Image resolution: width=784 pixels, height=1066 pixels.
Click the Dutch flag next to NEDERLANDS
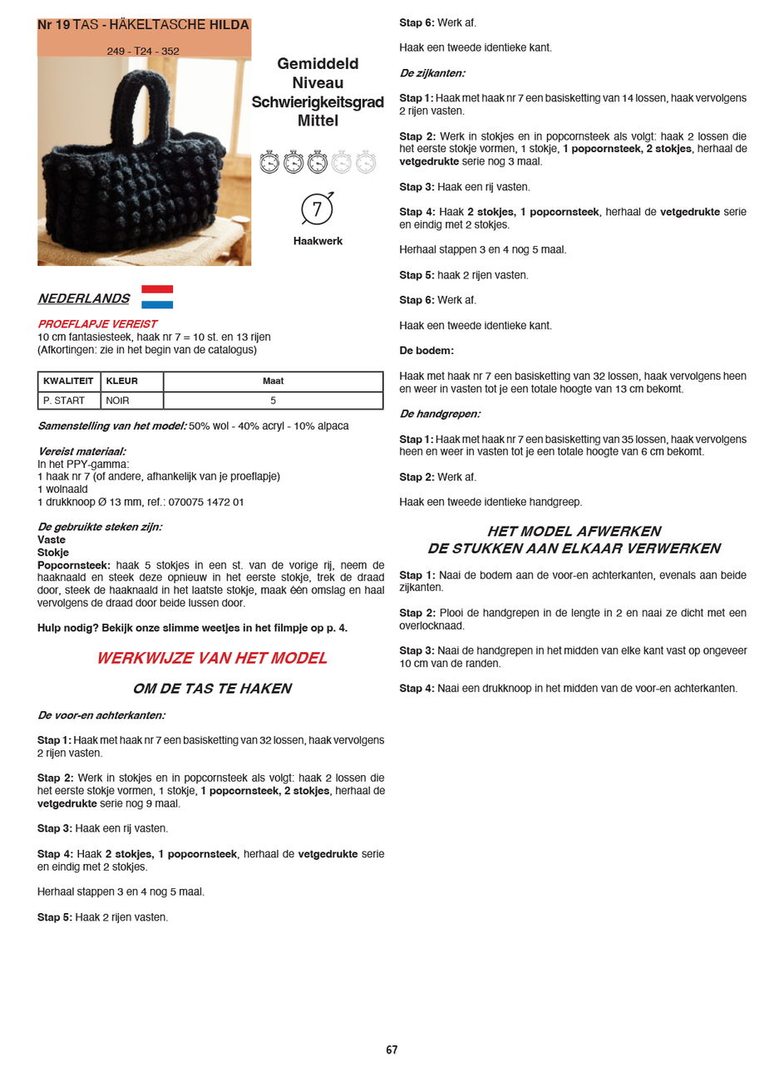click(157, 297)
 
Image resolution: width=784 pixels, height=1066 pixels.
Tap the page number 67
click(392, 1050)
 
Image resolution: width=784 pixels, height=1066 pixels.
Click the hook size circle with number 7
click(317, 209)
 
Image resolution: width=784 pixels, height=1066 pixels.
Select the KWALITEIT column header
click(68, 381)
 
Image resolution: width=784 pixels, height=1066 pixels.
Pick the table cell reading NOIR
click(117, 400)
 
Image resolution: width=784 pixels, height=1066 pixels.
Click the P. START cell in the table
click(64, 400)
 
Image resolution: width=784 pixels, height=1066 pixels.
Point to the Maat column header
click(273, 381)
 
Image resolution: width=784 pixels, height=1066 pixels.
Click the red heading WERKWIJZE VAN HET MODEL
click(212, 658)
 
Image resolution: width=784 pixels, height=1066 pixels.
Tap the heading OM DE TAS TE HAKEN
click(212, 689)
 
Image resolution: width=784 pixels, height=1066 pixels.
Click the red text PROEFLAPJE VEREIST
click(97, 324)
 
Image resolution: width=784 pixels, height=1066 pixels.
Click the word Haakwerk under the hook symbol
click(318, 241)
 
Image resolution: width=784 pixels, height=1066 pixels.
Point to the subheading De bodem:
click(427, 351)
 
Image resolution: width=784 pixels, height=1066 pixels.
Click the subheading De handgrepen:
click(440, 414)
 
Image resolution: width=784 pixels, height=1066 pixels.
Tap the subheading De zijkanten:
click(432, 73)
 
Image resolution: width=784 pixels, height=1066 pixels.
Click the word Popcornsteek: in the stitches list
click(74, 565)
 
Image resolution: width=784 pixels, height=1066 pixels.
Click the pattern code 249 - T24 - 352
click(143, 52)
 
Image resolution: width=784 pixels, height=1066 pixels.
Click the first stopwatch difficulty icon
click(269, 162)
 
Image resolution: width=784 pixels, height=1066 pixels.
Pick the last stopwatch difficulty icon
click(366, 162)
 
